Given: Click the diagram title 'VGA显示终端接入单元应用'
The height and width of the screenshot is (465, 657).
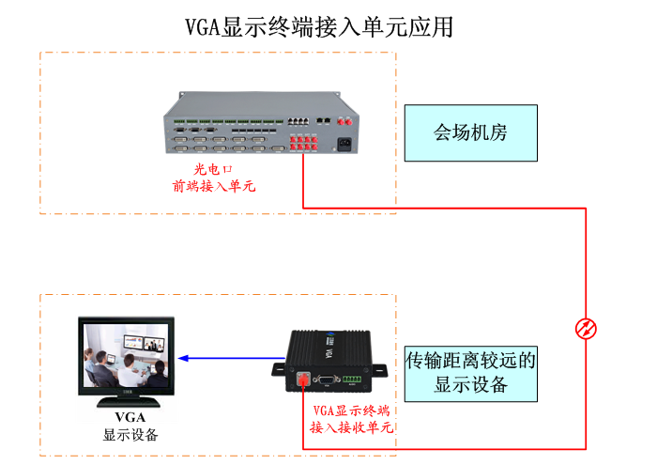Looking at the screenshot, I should tap(320, 26).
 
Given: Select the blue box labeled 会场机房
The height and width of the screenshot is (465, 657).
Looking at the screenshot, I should tap(470, 132).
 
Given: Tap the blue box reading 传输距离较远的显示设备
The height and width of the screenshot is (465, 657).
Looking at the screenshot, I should tap(470, 371).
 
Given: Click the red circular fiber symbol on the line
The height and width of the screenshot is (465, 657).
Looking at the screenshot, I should tap(586, 328).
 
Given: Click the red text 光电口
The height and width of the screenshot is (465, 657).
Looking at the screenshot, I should tap(212, 169).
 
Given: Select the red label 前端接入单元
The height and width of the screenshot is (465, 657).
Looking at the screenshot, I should tap(214, 186).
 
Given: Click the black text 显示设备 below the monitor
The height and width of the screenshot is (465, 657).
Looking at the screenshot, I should tap(130, 435).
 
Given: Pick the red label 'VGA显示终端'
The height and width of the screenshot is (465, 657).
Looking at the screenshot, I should tap(350, 411).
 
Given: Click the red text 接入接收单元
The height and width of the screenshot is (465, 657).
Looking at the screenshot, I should tap(350, 427).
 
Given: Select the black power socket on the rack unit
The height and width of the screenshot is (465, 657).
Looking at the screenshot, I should tap(357, 146).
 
